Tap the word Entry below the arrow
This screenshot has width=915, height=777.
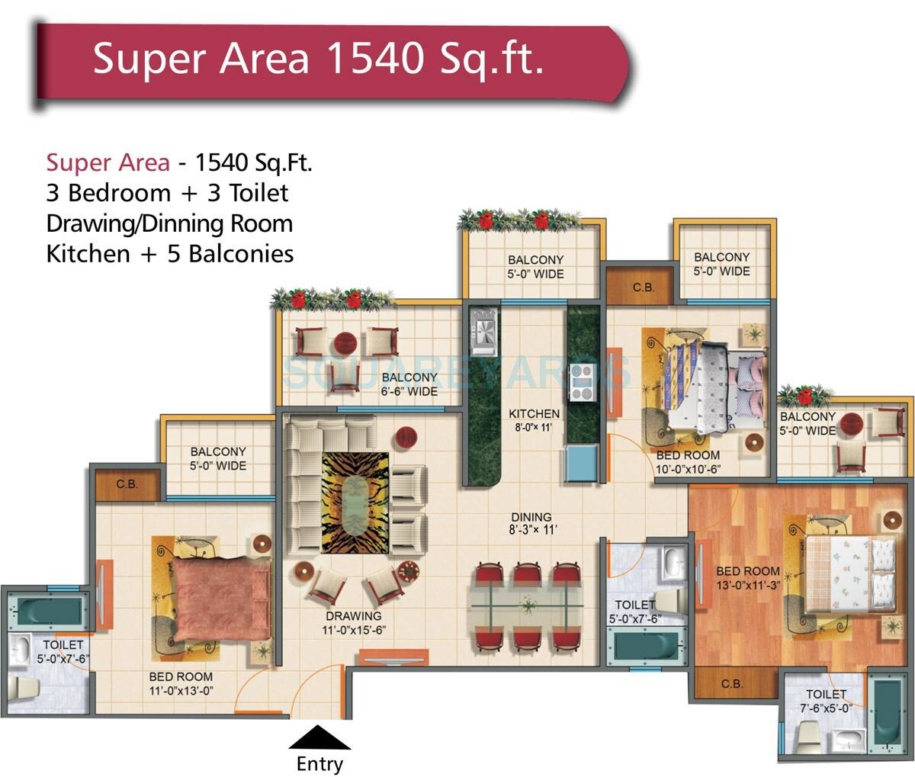coord(320,763)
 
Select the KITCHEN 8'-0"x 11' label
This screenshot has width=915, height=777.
coord(535,420)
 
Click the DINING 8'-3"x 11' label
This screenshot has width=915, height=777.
coord(531,523)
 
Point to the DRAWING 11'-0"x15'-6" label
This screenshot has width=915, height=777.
coord(353,623)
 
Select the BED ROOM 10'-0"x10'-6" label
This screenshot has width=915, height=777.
coord(688,463)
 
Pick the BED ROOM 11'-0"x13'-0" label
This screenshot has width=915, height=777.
coord(181,684)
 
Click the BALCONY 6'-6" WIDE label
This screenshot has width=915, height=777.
coord(409,384)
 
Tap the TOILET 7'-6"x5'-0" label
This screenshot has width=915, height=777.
coord(826,701)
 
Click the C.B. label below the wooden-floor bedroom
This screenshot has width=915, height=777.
coord(731,683)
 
